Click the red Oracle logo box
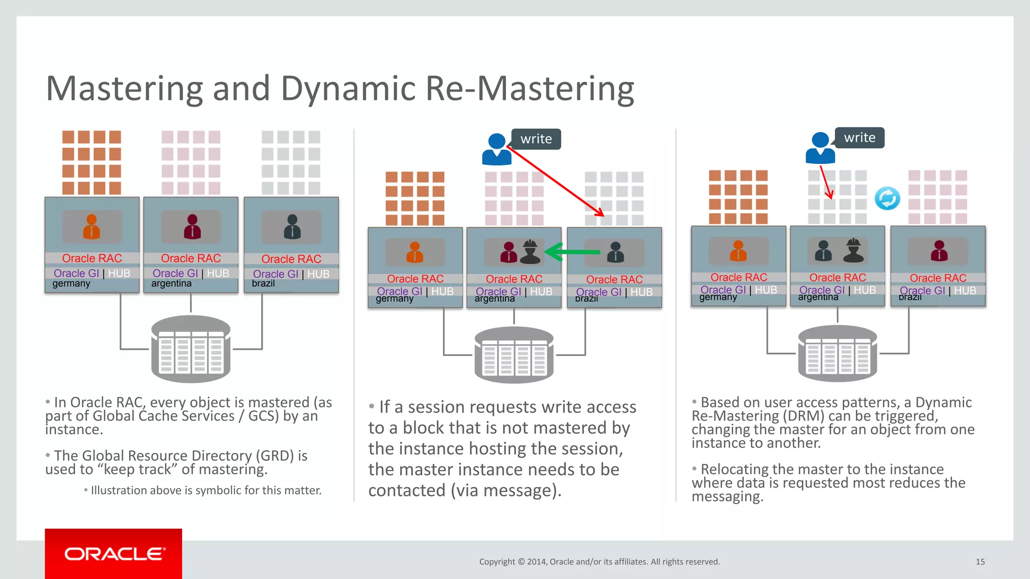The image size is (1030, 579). [x=113, y=553]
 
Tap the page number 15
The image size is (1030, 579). [x=980, y=561]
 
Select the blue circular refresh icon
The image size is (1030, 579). [x=887, y=199]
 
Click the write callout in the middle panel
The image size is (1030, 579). [x=536, y=139]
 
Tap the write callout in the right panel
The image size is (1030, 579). [x=860, y=138]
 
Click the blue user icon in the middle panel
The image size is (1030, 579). [x=496, y=149]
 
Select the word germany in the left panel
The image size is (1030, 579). [x=71, y=283]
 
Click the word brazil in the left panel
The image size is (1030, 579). [x=263, y=283]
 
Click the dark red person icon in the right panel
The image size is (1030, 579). [x=938, y=251]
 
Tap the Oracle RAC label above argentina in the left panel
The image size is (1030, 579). [x=191, y=258]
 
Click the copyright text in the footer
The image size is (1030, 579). [x=599, y=561]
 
